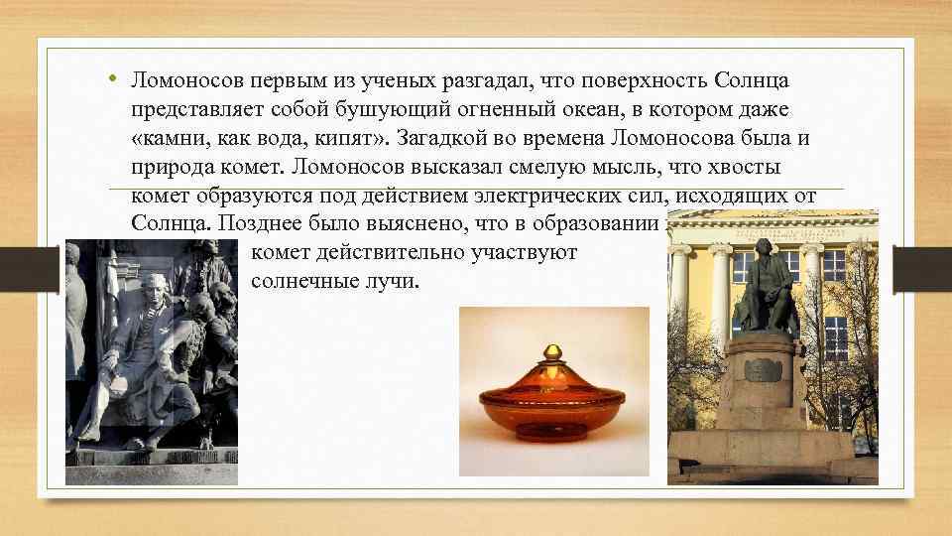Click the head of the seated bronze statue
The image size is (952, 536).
click(765, 248)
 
